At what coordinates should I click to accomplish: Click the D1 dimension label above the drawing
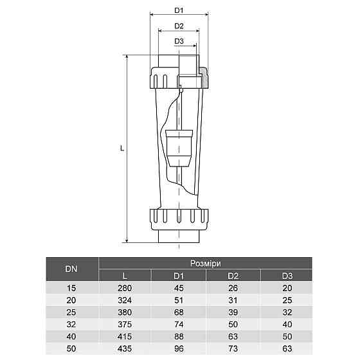click(179, 11)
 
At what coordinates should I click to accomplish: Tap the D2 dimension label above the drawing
click(179, 26)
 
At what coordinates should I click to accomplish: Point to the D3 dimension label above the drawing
click(179, 42)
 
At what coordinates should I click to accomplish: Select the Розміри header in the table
click(206, 264)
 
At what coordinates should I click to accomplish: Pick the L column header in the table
click(125, 276)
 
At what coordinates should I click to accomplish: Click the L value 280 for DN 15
click(125, 289)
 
